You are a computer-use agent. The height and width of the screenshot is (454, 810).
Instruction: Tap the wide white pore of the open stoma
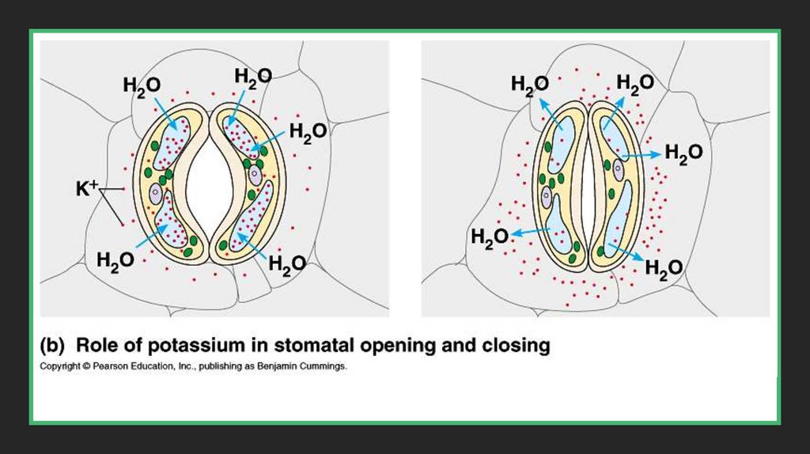pos(210,182)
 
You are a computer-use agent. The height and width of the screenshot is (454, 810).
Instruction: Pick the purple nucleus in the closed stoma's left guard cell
pos(547,196)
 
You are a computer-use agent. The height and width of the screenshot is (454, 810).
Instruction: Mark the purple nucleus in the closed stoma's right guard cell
pos(618,167)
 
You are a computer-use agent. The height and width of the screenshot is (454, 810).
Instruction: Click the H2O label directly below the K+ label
pos(115,259)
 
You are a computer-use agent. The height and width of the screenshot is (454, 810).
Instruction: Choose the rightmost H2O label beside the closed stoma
pos(683,153)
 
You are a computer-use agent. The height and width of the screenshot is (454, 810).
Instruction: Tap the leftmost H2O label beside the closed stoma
pos(489,236)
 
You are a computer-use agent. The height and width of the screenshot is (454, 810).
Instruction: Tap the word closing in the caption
pos(514,346)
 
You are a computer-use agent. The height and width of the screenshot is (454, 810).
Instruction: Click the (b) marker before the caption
pos(52,346)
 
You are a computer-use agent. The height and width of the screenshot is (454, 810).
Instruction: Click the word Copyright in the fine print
pos(58,367)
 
